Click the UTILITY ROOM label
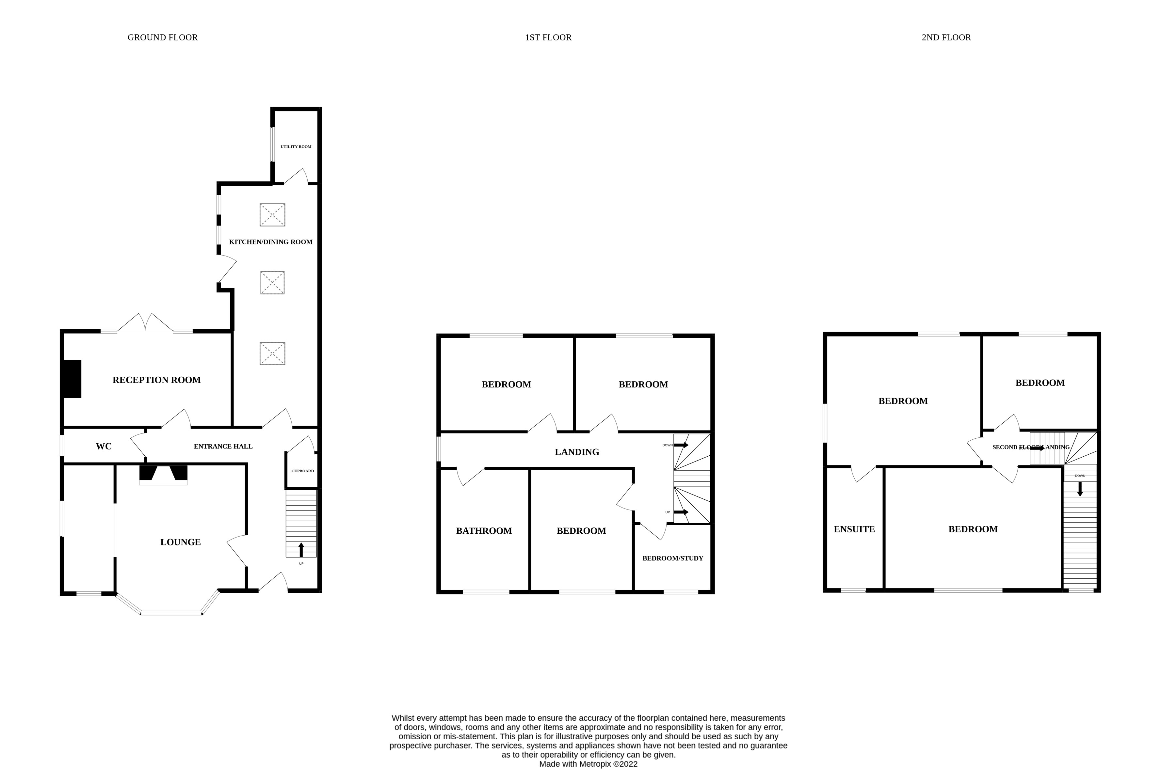click(x=296, y=147)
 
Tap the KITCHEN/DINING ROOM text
click(x=270, y=242)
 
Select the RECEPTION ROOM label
click(x=156, y=380)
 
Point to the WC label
click(x=104, y=446)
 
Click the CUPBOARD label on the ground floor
click(x=302, y=471)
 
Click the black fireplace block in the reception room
click(x=73, y=379)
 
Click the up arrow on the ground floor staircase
click(x=301, y=549)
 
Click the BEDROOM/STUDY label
click(x=672, y=558)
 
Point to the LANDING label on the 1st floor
click(x=576, y=452)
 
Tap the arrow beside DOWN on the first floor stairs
click(x=681, y=445)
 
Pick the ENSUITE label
click(x=854, y=529)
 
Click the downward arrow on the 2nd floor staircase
click(x=1080, y=489)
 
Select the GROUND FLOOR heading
click(x=162, y=37)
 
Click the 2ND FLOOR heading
click(x=945, y=37)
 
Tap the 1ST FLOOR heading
click(x=548, y=37)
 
